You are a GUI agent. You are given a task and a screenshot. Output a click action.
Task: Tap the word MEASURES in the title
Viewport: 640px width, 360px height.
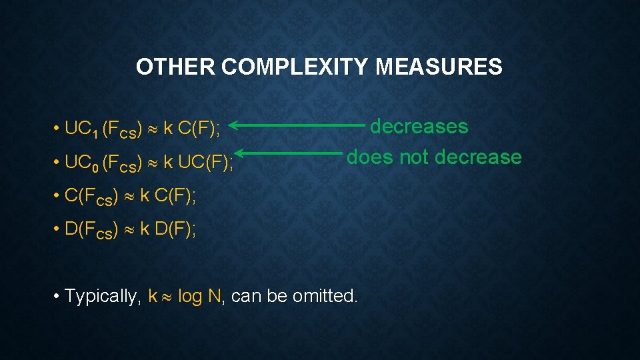pos(439,67)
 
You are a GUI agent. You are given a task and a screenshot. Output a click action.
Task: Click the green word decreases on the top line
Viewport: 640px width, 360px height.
pos(419,126)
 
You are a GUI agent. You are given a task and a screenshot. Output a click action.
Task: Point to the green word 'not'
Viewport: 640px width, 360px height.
pos(414,157)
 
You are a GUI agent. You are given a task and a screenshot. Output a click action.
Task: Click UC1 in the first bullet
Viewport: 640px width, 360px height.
pos(81,129)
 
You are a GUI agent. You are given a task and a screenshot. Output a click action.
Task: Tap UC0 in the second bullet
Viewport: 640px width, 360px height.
pos(81,162)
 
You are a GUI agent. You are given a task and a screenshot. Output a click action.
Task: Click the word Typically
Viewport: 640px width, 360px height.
pos(101,296)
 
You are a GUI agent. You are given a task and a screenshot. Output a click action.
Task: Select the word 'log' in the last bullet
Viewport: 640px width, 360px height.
pos(190,296)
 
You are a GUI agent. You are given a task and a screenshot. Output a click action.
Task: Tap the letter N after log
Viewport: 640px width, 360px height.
pos(214,296)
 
